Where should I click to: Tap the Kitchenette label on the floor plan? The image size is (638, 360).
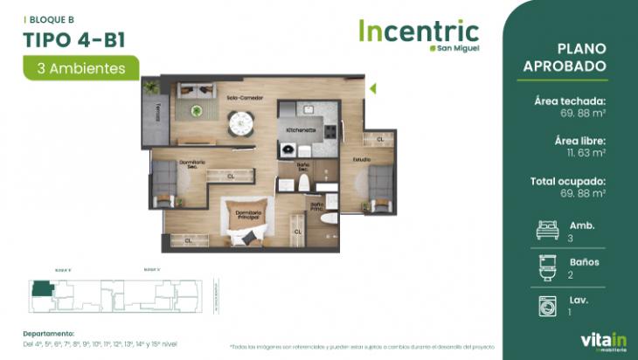(301, 129)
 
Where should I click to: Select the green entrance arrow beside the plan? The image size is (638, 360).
(372, 87)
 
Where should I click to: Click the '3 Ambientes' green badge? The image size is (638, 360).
(81, 67)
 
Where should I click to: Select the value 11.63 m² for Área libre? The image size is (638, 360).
(580, 152)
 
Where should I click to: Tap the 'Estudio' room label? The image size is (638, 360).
(362, 160)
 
